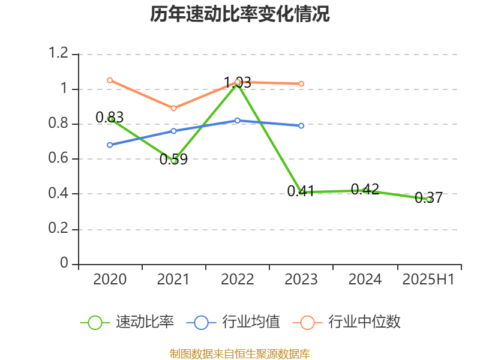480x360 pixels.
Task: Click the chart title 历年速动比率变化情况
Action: tap(240, 14)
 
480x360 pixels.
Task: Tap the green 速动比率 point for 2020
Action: tap(110, 119)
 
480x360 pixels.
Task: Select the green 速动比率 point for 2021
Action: tap(174, 160)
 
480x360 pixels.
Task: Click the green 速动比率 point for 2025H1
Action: tap(429, 199)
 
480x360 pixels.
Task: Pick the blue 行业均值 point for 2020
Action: tap(110, 145)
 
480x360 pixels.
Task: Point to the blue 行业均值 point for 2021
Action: tap(174, 131)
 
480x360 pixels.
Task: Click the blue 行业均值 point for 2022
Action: tap(238, 121)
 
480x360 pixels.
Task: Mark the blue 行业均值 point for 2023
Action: tap(301, 125)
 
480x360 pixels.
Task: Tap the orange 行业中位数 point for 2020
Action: tap(110, 80)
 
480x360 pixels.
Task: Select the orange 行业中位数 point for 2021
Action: tap(174, 108)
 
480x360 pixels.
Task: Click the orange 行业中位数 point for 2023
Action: tap(301, 83)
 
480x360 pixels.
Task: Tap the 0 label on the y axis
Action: tap(65, 264)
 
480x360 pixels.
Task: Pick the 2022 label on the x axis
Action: tap(238, 280)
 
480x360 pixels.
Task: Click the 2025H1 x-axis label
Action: tap(428, 280)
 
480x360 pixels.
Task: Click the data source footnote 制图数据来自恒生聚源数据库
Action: tap(240, 354)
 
